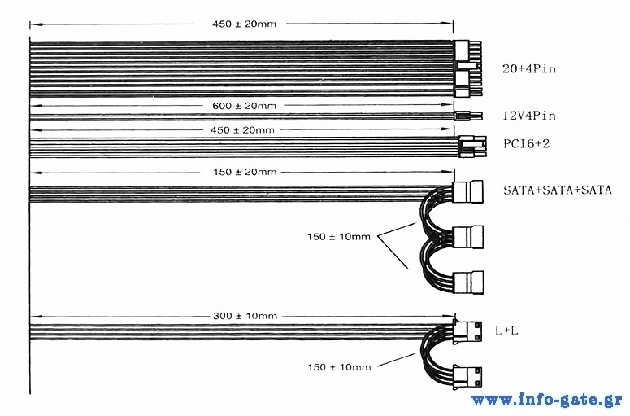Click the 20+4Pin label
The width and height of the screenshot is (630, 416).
(529, 69)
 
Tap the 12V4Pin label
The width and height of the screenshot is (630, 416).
(529, 116)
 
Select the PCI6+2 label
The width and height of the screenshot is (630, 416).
(526, 143)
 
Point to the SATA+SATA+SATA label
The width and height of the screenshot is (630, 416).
(558, 190)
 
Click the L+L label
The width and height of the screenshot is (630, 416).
(506, 331)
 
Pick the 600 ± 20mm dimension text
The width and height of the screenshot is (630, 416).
(245, 106)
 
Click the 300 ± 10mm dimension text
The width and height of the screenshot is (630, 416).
(245, 316)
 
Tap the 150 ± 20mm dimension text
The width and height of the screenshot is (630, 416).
(245, 173)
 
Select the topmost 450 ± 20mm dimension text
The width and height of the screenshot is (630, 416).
(245, 24)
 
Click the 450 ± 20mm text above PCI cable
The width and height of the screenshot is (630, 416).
(242, 130)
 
